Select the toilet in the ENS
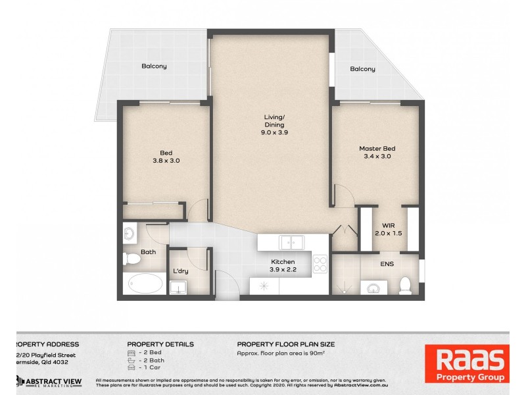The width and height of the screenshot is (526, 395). (406, 284)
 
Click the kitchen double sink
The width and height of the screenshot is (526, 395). (293, 243)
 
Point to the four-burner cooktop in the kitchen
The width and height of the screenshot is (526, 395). (320, 263)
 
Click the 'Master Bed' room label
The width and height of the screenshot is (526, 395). (377, 148)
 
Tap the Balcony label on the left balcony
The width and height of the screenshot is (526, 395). (154, 66)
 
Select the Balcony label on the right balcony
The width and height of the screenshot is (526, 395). (362, 69)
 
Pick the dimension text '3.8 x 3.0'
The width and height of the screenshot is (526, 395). (166, 159)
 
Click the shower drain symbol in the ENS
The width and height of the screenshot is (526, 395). (343, 287)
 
